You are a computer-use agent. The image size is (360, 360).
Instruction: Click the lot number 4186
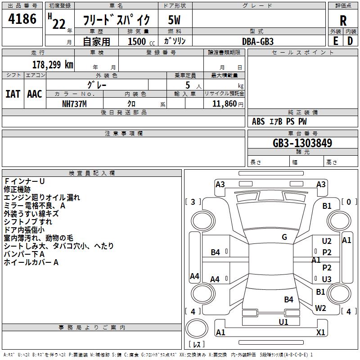click(22, 19)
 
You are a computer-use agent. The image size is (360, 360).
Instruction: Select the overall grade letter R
click(343, 20)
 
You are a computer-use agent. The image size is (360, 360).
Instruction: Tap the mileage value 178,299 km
click(53, 64)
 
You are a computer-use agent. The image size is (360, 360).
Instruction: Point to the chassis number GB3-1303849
click(302, 143)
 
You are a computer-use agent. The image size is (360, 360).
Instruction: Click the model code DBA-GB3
click(257, 41)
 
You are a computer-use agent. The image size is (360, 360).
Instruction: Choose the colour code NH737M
click(74, 103)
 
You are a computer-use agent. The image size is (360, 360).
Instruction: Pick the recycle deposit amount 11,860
click(223, 103)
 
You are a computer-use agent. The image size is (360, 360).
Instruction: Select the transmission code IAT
click(13, 94)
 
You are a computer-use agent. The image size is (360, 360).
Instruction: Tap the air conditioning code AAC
click(35, 94)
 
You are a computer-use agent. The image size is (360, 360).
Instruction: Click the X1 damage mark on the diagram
click(320, 333)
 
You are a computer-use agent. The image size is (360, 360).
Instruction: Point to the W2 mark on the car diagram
click(320, 308)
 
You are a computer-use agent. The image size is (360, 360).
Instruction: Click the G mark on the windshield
click(284, 237)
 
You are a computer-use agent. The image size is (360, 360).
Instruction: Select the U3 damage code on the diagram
click(327, 279)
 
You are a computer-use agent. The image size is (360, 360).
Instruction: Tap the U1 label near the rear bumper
click(283, 322)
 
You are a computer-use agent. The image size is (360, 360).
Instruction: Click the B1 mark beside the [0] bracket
click(327, 206)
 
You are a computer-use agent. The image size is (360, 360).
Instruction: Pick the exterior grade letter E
click(335, 41)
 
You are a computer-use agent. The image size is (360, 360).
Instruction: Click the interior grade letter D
click(350, 41)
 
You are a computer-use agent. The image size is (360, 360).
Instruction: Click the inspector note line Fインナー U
click(24, 181)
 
